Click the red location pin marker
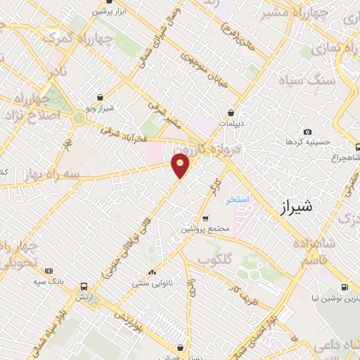(x=181, y=165)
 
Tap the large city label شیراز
(x=295, y=207)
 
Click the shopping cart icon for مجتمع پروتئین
(x=205, y=219)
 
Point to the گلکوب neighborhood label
(x=214, y=259)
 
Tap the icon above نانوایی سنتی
(x=153, y=273)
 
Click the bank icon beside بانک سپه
(x=49, y=271)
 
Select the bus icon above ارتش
(x=84, y=287)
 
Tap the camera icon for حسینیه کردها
(x=307, y=132)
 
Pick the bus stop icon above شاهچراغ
(x=357, y=148)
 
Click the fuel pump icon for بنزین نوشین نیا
(x=345, y=287)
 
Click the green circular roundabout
(x=79, y=117)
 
